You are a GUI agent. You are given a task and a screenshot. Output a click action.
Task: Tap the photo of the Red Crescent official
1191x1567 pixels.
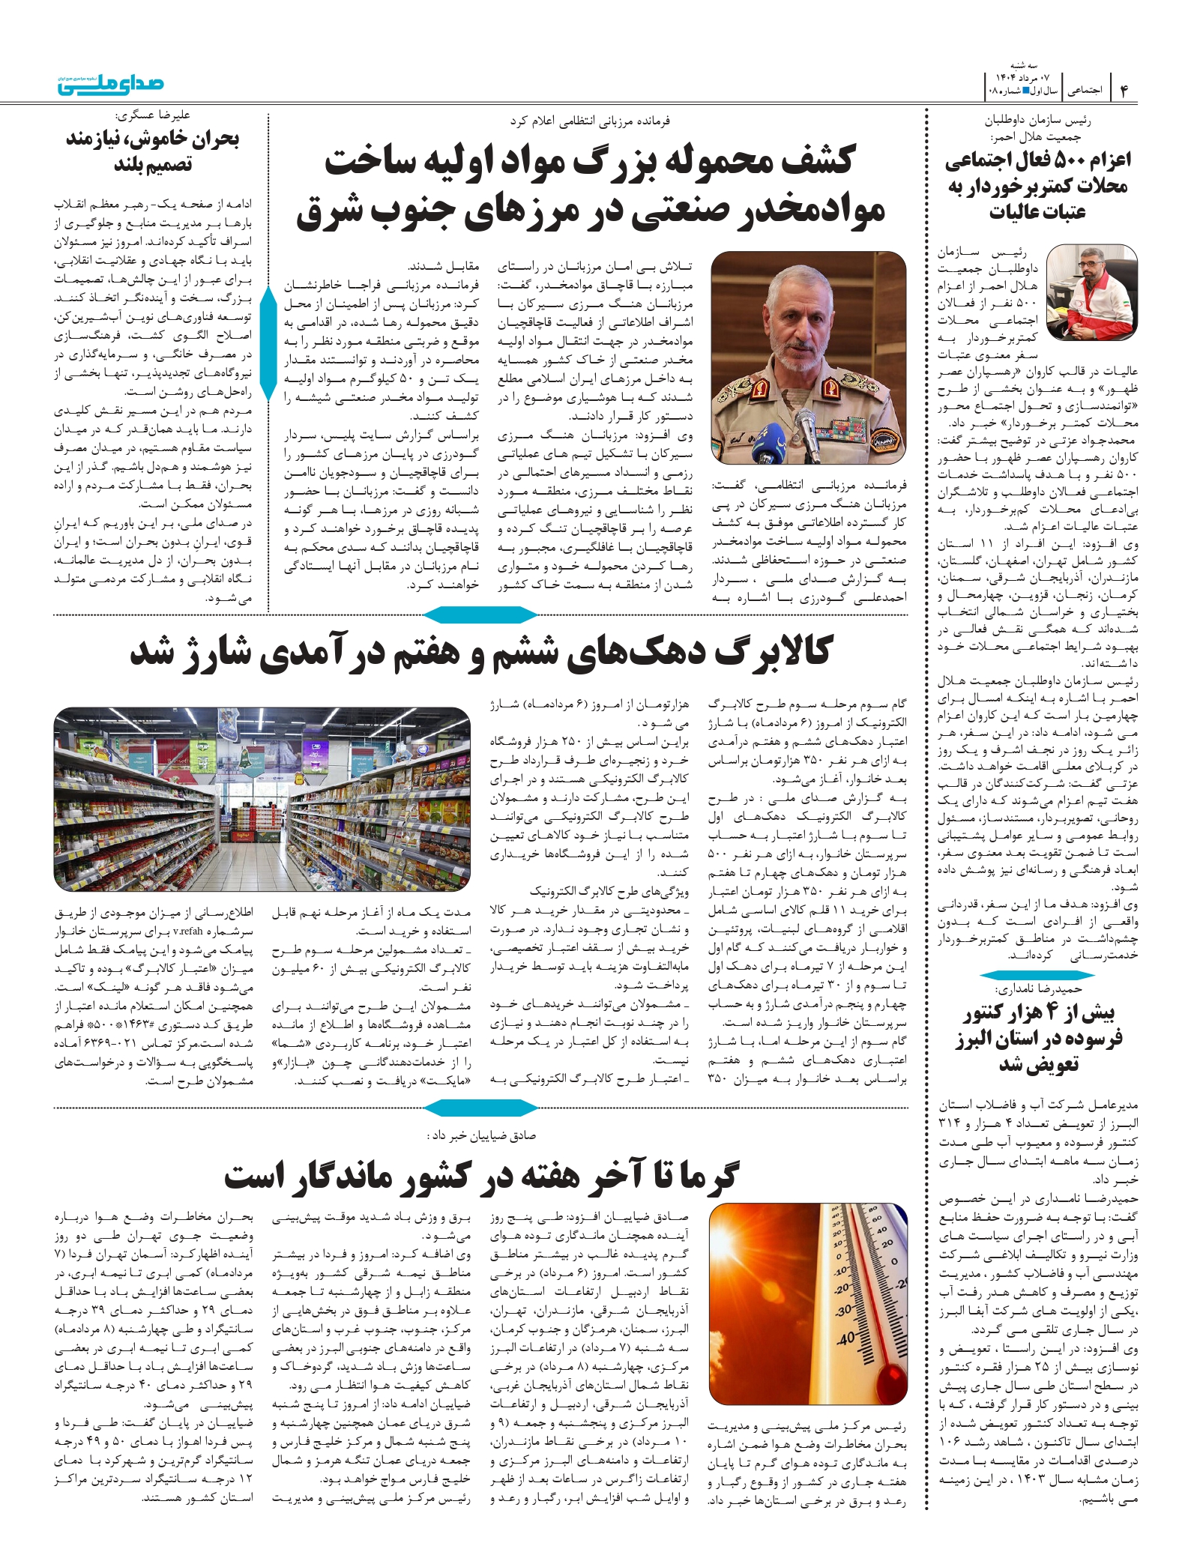pos(1091,292)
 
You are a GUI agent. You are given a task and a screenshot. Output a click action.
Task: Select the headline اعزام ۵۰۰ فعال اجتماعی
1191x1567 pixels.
pos(1037,185)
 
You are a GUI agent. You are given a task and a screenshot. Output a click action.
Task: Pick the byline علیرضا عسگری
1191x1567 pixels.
pos(153,115)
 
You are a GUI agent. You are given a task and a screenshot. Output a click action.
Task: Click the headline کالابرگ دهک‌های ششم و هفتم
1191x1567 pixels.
pos(480,652)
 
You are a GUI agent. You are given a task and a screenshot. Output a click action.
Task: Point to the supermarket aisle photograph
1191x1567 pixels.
pos(262,799)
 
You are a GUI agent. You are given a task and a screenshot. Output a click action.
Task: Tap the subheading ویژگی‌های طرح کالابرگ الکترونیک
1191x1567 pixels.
pos(609,891)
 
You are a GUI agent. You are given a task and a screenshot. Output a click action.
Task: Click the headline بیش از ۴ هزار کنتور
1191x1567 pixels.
pos(1038,1039)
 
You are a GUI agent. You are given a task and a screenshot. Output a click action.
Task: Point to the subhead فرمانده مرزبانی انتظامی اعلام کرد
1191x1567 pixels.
pos(590,120)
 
